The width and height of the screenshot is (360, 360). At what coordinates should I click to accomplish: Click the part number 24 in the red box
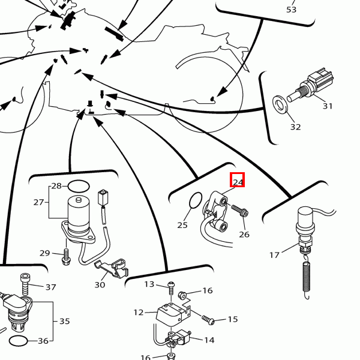pyautogui.click(x=238, y=182)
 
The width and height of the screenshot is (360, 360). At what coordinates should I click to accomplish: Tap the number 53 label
pyautogui.click(x=292, y=10)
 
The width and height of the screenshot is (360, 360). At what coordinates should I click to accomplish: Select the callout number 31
pyautogui.click(x=328, y=106)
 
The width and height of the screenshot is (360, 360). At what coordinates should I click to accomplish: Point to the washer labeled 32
pyautogui.click(x=280, y=104)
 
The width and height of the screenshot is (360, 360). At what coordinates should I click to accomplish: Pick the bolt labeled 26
pyautogui.click(x=239, y=211)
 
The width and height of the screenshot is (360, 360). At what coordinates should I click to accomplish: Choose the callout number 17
pyautogui.click(x=274, y=255)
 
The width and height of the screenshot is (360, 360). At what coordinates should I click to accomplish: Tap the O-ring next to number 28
pyautogui.click(x=79, y=186)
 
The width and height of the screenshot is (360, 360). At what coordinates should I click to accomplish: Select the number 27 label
pyautogui.click(x=38, y=202)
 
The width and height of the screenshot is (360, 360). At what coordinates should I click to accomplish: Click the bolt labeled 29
pyautogui.click(x=66, y=257)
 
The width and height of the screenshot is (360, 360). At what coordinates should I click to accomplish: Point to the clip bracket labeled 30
pyautogui.click(x=112, y=268)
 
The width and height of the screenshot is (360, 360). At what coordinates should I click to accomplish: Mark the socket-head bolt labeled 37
pyautogui.click(x=25, y=284)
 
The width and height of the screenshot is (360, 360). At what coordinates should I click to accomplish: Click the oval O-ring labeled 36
pyautogui.click(x=19, y=341)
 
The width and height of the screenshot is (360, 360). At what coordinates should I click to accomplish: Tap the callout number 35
pyautogui.click(x=65, y=321)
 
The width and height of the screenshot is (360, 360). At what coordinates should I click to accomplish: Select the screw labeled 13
pyautogui.click(x=171, y=289)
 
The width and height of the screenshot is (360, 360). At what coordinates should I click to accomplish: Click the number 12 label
pyautogui.click(x=139, y=313)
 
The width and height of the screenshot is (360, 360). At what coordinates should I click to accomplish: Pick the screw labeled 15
pyautogui.click(x=208, y=320)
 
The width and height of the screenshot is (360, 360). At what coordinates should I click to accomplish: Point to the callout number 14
pyautogui.click(x=209, y=340)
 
